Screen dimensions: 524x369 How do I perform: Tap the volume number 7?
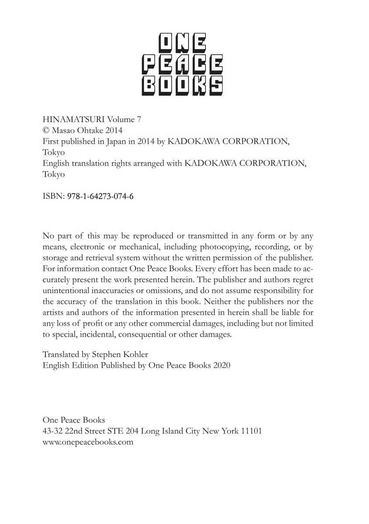click(x=138, y=119)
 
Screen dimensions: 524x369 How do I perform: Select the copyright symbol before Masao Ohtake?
click(x=46, y=130)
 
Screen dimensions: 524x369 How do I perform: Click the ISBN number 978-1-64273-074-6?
click(x=100, y=196)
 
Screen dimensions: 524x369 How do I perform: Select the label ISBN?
click(x=53, y=196)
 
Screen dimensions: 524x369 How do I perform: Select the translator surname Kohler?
click(x=135, y=354)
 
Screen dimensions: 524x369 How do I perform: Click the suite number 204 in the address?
click(x=132, y=431)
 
